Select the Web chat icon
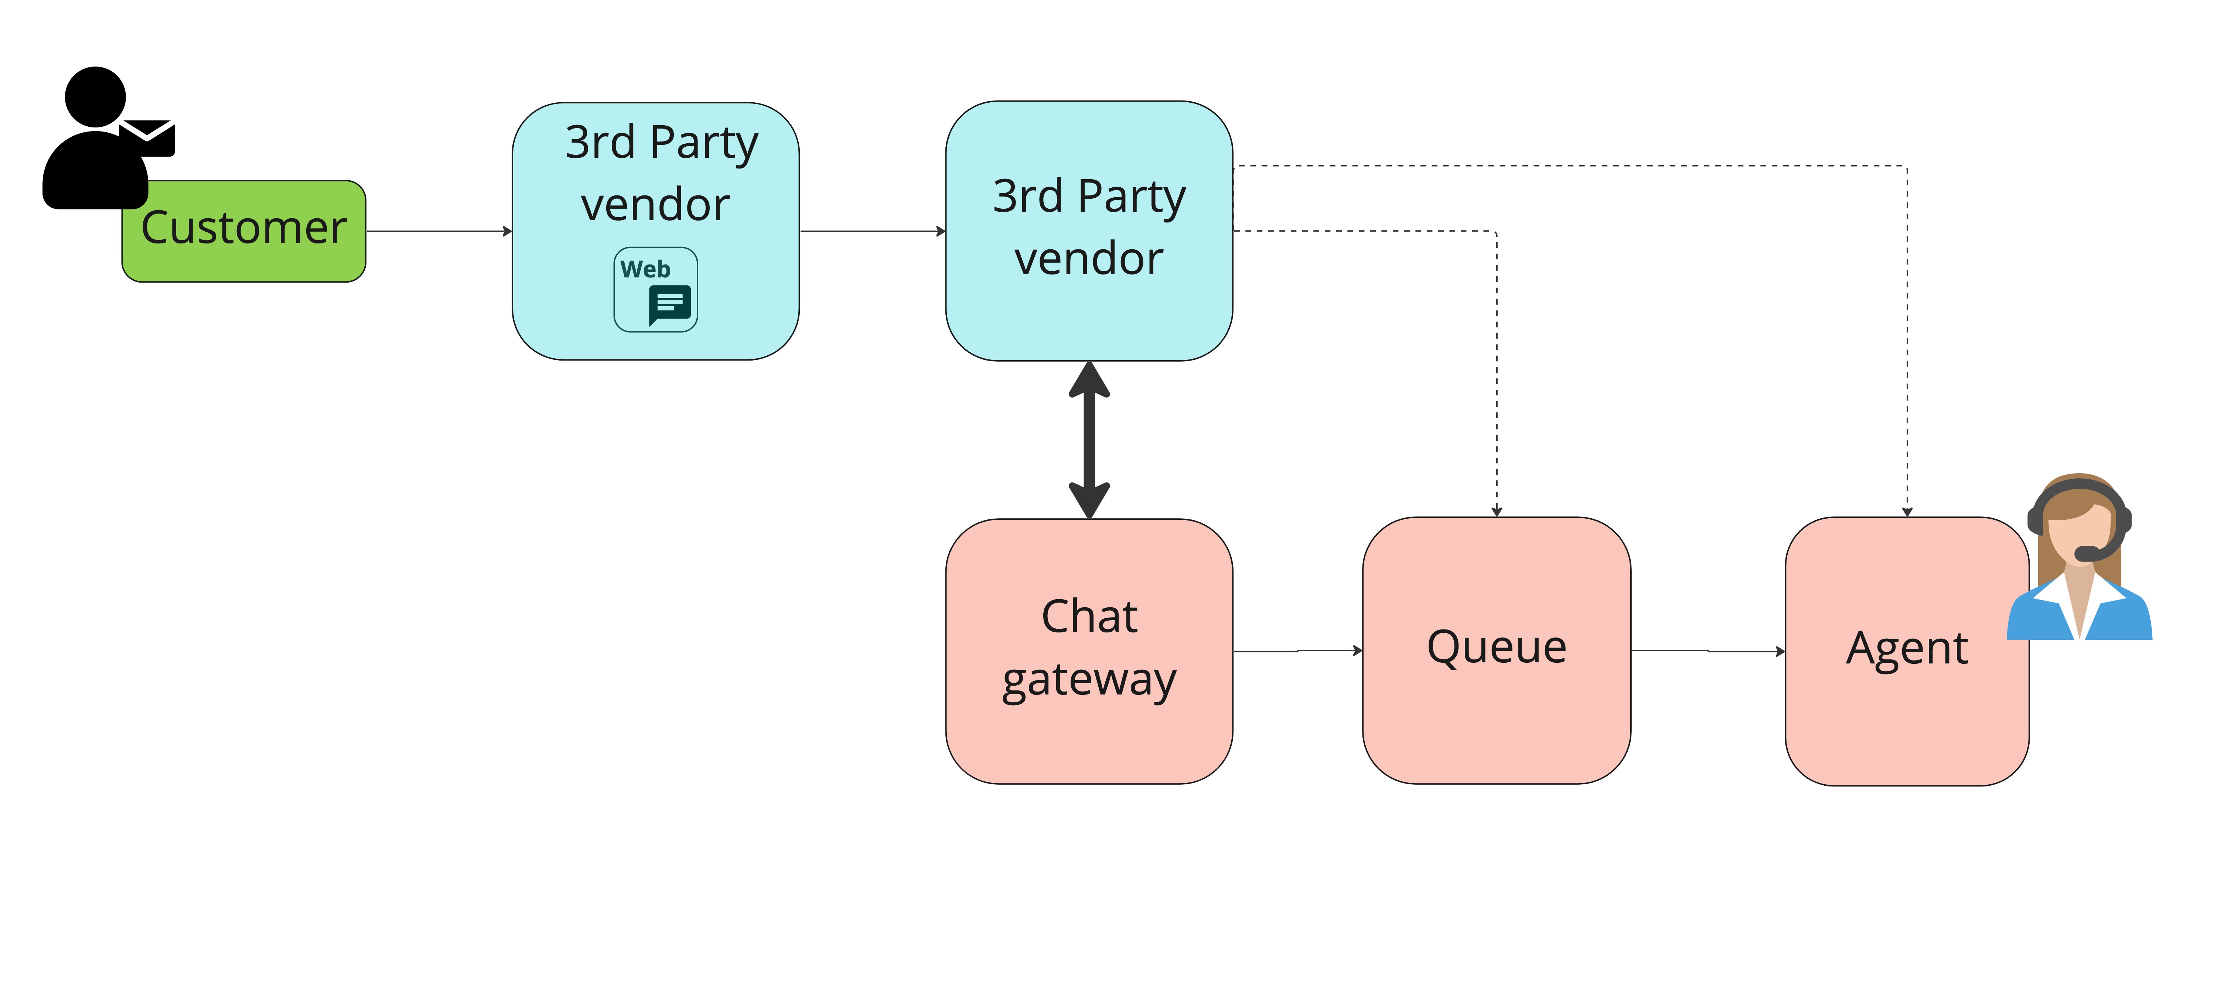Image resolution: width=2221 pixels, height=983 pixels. click(655, 290)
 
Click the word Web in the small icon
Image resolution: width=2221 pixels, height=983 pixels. click(645, 269)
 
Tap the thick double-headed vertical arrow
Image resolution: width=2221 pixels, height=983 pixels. click(1089, 440)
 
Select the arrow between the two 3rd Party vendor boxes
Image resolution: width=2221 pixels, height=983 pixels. click(873, 231)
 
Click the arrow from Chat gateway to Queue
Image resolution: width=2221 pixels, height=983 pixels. click(1297, 651)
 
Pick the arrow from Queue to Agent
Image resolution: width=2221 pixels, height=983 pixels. click(1707, 651)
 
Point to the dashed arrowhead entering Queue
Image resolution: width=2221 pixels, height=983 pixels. click(1497, 511)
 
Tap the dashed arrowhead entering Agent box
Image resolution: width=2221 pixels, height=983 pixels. click(1907, 511)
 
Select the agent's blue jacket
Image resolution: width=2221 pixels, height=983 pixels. click(2121, 617)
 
